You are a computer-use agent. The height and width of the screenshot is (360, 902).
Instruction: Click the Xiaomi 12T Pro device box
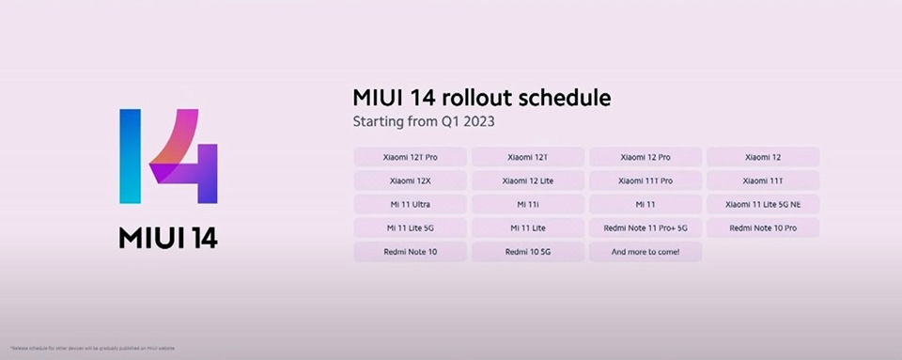tap(411, 157)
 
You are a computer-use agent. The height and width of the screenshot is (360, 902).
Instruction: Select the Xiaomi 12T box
tap(527, 157)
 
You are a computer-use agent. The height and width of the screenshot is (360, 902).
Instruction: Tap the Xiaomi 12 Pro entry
tap(645, 157)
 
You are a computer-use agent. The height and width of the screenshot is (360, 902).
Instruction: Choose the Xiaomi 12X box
tap(411, 180)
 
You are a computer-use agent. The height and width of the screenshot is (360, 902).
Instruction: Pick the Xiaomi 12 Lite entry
tap(527, 180)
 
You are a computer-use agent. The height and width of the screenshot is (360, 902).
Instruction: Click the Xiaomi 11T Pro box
tap(645, 180)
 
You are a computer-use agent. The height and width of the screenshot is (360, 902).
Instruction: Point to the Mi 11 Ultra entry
tap(411, 204)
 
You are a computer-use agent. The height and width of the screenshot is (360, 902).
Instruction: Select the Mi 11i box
tap(527, 204)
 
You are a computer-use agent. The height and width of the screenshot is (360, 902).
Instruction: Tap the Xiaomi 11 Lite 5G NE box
tap(762, 204)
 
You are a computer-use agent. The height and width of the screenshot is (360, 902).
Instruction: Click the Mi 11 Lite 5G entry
tap(411, 227)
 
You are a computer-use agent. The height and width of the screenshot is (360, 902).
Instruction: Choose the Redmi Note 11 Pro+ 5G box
tap(645, 227)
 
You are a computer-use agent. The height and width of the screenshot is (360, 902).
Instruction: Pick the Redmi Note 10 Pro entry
tap(762, 227)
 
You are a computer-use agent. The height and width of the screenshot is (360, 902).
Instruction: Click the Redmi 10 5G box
tap(527, 252)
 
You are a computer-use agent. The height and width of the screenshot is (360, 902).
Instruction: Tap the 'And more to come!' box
tap(645, 252)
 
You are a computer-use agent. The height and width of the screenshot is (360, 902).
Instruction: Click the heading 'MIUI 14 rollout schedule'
tap(481, 98)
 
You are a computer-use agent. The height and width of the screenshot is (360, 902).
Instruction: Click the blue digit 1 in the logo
tap(131, 156)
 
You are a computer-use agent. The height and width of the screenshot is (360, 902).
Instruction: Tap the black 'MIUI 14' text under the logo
tap(168, 237)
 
